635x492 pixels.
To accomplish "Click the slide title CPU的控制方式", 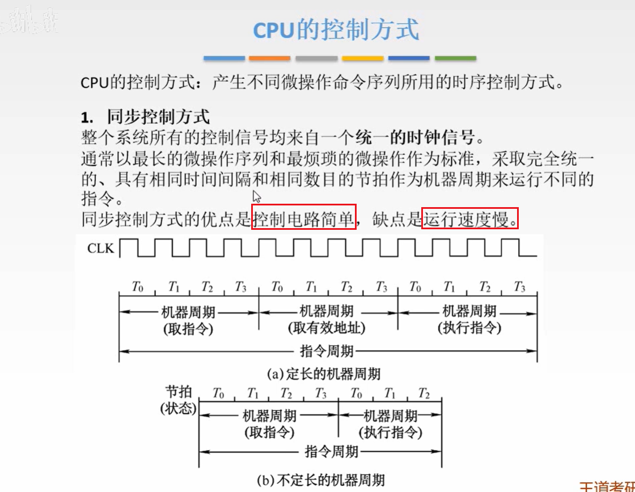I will tap(336, 30).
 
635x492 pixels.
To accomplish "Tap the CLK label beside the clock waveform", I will tap(101, 249).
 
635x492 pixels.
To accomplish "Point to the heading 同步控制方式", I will tap(158, 117).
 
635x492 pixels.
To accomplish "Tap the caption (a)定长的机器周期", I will tap(324, 374).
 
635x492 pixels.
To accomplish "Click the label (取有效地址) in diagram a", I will tap(326, 328).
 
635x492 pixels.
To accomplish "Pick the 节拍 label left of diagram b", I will tap(179, 392).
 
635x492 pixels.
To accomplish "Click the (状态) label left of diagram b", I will tap(178, 409).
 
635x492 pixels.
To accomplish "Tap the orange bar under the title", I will tap(269, 58).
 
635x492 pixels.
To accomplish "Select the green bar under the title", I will tap(455, 58).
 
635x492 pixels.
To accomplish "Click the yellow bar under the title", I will tap(362, 58).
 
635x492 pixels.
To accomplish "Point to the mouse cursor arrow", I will tap(256, 196).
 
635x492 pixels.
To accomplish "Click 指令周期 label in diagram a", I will tap(327, 351).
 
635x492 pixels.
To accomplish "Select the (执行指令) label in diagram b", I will tap(391, 432).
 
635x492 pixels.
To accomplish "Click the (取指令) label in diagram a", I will tap(188, 328).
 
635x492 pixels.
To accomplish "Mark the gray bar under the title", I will tap(316, 58).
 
